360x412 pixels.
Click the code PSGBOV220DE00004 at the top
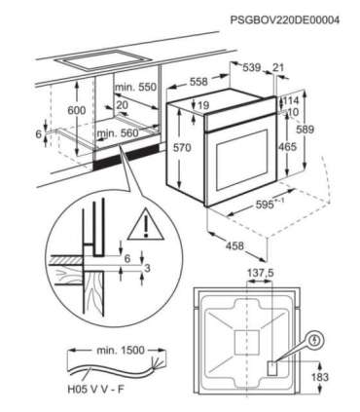(285, 20)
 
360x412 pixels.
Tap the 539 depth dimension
(252, 67)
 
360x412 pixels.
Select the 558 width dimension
(198, 82)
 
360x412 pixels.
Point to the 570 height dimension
(182, 148)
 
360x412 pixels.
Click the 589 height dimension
(306, 130)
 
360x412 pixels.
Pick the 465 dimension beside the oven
(287, 147)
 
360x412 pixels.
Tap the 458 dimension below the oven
(234, 245)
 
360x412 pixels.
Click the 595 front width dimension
(270, 204)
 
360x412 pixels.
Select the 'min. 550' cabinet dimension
(135, 87)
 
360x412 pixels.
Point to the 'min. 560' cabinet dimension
(118, 133)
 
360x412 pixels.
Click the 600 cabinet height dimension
(77, 110)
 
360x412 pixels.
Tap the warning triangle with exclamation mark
(146, 224)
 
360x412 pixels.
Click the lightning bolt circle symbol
(315, 340)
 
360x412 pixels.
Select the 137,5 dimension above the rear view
(261, 273)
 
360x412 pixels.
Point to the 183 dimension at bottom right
(320, 377)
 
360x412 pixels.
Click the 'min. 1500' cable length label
(121, 351)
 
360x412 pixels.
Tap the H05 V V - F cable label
(96, 390)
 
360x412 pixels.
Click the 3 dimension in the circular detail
(147, 268)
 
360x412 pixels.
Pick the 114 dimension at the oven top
(291, 100)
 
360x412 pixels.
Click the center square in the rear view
(247, 343)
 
